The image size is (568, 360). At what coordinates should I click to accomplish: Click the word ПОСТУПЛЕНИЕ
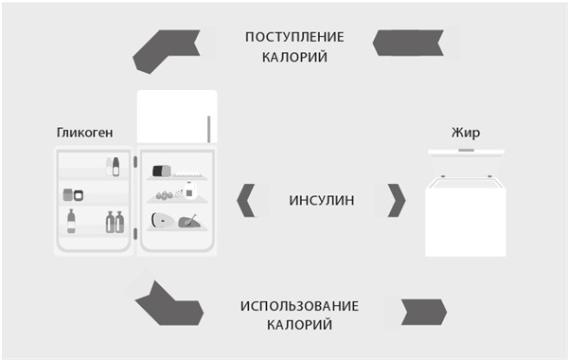point(294,37)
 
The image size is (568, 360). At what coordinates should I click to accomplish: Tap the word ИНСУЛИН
point(322,200)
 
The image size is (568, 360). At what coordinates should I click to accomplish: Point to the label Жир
point(466,133)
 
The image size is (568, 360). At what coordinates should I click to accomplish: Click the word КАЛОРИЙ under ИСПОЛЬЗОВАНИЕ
point(299,325)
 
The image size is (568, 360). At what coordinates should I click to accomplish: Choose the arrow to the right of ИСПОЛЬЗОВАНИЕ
point(423,309)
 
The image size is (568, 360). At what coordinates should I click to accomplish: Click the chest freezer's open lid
point(466,153)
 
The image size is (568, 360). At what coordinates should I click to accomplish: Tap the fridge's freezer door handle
point(209,127)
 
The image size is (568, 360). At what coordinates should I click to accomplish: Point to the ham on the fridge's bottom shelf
point(160,223)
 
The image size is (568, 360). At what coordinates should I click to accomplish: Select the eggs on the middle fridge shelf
point(162,196)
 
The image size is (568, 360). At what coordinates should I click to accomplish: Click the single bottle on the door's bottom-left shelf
point(72,223)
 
